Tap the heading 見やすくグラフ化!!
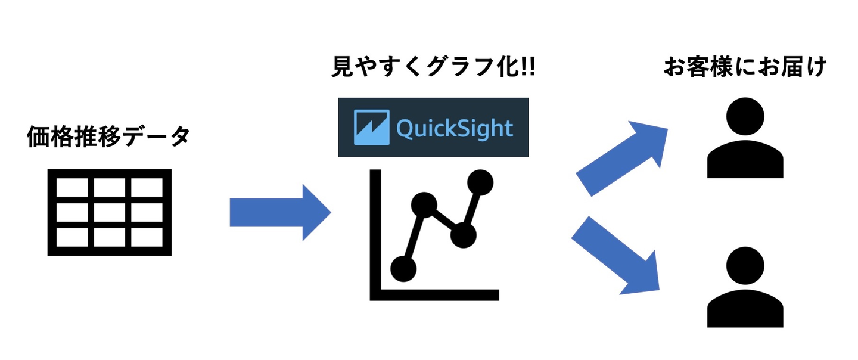pyautogui.click(x=433, y=67)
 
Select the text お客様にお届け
pyautogui.click(x=745, y=67)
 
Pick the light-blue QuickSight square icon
pyautogui.click(x=371, y=128)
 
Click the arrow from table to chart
pyautogui.click(x=279, y=212)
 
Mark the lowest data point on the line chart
pyautogui.click(x=403, y=268)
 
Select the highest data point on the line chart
pyautogui.click(x=480, y=182)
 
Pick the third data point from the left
pyautogui.click(x=463, y=235)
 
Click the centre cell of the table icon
pyautogui.click(x=109, y=212)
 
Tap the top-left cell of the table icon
pyautogui.click(x=73, y=189)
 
